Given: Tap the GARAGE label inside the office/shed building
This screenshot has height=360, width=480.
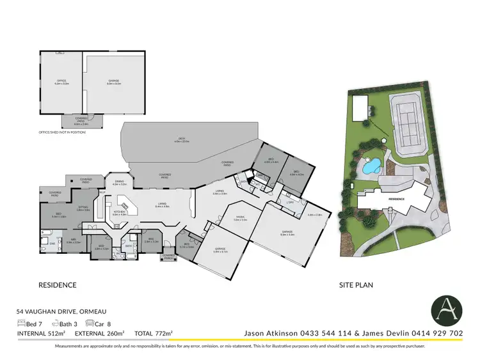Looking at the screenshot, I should pyautogui.click(x=114, y=81).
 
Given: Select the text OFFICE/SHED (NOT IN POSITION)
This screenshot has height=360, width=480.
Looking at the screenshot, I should pyautogui.click(x=62, y=132).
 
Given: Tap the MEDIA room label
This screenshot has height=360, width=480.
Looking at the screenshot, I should pyautogui.click(x=240, y=218).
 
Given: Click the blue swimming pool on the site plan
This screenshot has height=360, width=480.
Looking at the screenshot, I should pyautogui.click(x=369, y=168).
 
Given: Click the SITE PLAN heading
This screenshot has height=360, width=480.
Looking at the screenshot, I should pyautogui.click(x=356, y=285).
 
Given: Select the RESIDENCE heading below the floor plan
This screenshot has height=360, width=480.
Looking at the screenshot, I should pyautogui.click(x=58, y=285).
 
